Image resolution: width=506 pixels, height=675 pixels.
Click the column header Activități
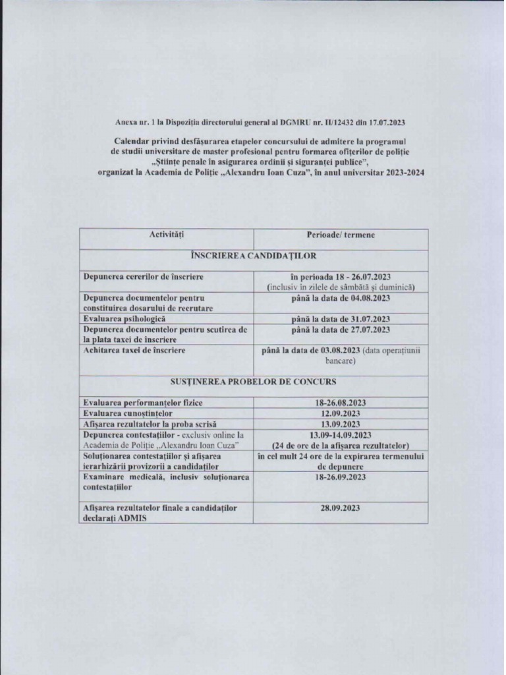click(x=167, y=235)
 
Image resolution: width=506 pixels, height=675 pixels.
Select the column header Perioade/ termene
click(x=341, y=235)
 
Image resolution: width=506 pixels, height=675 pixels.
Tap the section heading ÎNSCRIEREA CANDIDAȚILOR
click(x=254, y=255)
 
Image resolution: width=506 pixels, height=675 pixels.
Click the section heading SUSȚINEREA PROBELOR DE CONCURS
click(x=254, y=382)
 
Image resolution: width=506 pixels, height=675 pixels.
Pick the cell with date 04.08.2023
click(x=341, y=298)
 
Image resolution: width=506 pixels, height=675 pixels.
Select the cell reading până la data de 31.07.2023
click(x=341, y=318)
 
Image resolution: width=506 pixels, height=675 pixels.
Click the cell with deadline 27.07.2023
click(x=341, y=329)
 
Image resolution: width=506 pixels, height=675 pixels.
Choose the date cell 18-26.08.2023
click(x=341, y=402)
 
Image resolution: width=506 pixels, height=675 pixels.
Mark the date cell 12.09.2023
click(x=341, y=413)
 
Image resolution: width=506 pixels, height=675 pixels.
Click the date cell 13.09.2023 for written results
click(x=341, y=424)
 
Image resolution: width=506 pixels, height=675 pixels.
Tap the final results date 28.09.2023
click(x=341, y=508)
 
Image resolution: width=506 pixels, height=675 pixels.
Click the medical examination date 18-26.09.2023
click(x=341, y=476)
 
